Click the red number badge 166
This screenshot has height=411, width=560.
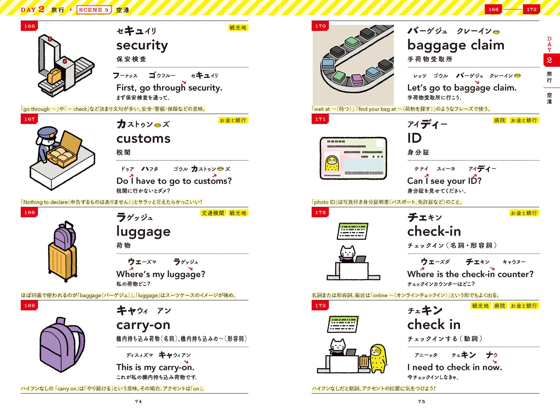(29, 26)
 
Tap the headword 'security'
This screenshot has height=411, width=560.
(142, 45)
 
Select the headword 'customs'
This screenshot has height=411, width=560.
(143, 139)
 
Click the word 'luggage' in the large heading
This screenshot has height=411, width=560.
(143, 232)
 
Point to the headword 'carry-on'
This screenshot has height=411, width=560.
(143, 325)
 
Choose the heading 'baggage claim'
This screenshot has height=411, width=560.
(456, 45)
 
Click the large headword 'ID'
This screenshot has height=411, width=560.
(414, 138)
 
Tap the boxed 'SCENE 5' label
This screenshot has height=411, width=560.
(94, 10)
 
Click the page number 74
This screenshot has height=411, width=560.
(138, 402)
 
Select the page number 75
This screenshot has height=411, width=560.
(422, 402)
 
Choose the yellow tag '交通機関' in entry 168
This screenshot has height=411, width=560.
(213, 213)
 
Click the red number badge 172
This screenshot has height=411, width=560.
(320, 213)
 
